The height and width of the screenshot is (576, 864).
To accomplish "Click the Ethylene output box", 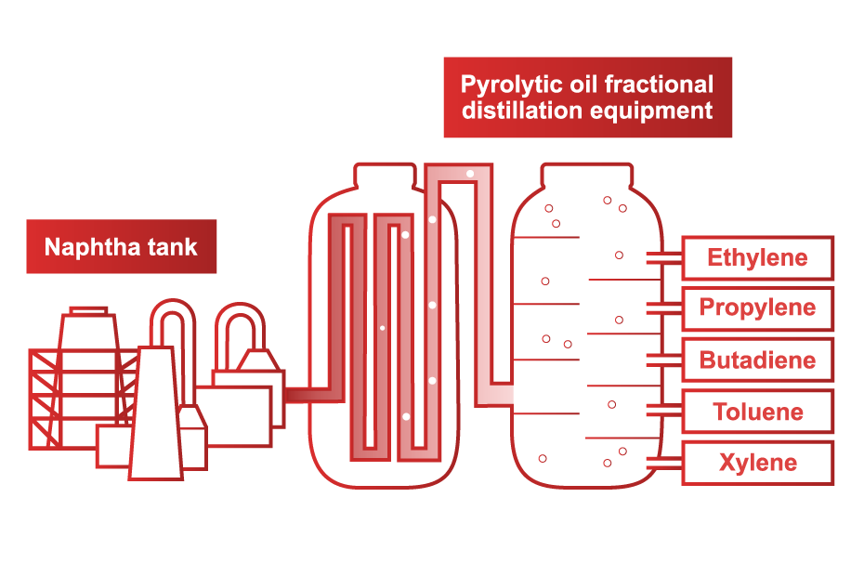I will [x=757, y=258].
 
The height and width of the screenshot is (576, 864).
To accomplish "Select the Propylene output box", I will [x=757, y=308].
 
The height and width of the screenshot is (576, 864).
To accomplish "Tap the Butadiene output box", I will [x=757, y=360].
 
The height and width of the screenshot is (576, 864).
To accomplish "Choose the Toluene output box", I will [x=757, y=412].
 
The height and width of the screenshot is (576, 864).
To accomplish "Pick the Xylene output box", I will [x=757, y=463].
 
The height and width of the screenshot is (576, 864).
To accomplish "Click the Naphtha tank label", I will [x=121, y=247].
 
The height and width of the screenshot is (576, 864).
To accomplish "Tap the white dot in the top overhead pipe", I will [x=470, y=174].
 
